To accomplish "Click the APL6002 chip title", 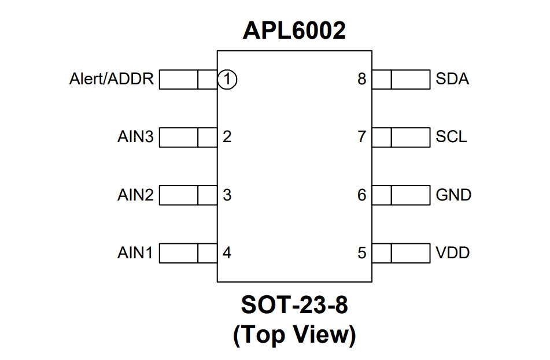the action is [x=294, y=30].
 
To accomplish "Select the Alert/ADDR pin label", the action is [x=112, y=79].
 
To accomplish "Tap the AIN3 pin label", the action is [x=135, y=137].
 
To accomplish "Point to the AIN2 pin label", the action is [x=135, y=195].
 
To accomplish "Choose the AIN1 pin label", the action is [x=135, y=253].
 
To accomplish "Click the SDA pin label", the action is [x=452, y=79].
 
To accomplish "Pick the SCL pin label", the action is [x=451, y=137].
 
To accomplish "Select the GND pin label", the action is [x=453, y=195].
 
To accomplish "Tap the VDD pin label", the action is [x=452, y=253].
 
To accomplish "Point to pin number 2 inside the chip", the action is [x=227, y=137].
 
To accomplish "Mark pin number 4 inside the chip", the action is [x=227, y=253].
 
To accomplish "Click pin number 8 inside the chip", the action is [x=362, y=79].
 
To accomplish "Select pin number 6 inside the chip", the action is [x=362, y=195].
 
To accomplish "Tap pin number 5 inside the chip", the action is [x=362, y=253].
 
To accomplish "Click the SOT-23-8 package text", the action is [x=294, y=305].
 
